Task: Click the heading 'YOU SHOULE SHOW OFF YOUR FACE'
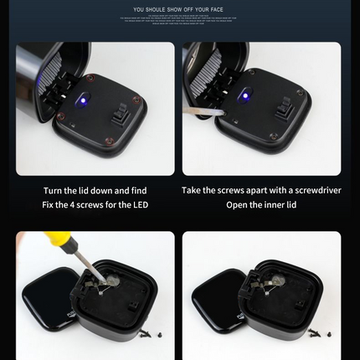(x=180, y=10)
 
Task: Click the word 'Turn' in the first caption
(x=57, y=190)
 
